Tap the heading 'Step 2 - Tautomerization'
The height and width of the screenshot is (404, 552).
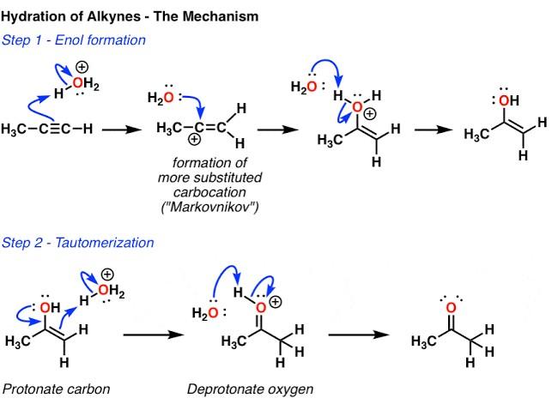(78, 243)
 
